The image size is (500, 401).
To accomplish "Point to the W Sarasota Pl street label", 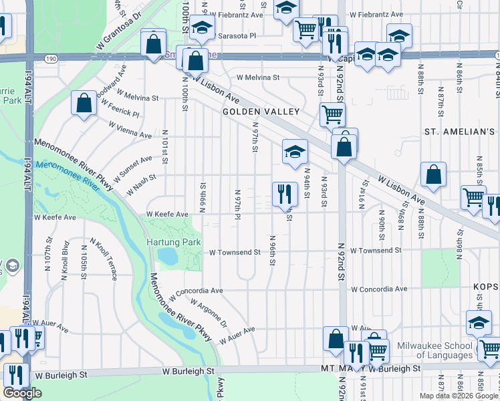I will (x=234, y=34).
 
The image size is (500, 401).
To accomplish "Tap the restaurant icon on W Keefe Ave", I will (x=285, y=194).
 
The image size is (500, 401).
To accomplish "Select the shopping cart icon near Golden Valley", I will (x=332, y=114).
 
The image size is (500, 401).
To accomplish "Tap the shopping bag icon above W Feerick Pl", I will (x=84, y=104).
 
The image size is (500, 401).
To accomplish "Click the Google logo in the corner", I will (x=22, y=393).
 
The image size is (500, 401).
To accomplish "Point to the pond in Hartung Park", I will (x=167, y=256).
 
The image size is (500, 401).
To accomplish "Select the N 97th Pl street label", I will (x=237, y=204).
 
